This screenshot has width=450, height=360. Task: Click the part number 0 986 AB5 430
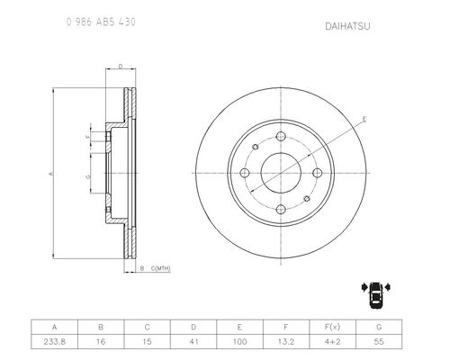[101, 22]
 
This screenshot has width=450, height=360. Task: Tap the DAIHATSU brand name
[347, 26]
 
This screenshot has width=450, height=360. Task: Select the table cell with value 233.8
[54, 342]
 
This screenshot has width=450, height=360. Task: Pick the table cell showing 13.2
[286, 342]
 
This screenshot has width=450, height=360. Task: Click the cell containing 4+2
[332, 342]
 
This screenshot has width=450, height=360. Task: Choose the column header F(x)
[332, 327]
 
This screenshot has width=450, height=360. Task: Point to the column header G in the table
[379, 327]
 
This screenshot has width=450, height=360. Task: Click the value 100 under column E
[239, 342]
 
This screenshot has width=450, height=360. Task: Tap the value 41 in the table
[193, 342]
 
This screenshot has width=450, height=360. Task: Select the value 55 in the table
[379, 342]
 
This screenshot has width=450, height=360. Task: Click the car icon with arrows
[376, 295]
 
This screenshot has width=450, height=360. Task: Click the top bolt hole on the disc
[281, 137]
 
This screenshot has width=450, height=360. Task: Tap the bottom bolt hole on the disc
[281, 210]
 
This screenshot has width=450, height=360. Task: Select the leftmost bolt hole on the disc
[245, 173]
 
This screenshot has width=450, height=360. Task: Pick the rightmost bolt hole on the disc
[317, 173]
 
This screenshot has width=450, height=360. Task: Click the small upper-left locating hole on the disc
[256, 147]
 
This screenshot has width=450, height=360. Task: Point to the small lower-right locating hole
[307, 199]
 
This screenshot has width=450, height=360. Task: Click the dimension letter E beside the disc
[364, 119]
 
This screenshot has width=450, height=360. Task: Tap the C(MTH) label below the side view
[160, 268]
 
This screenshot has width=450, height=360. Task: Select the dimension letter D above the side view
[121, 67]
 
